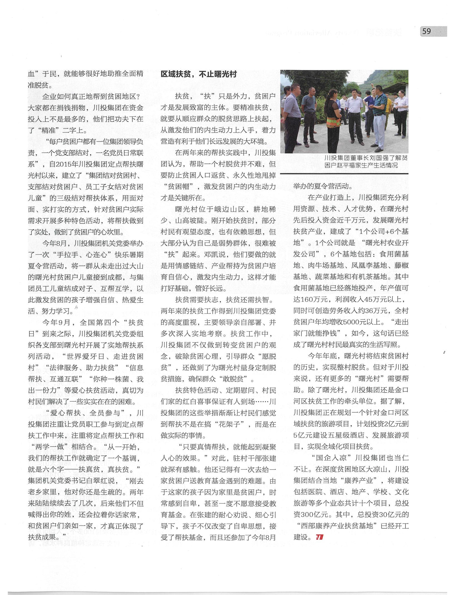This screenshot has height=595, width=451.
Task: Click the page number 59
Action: click(x=426, y=32)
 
